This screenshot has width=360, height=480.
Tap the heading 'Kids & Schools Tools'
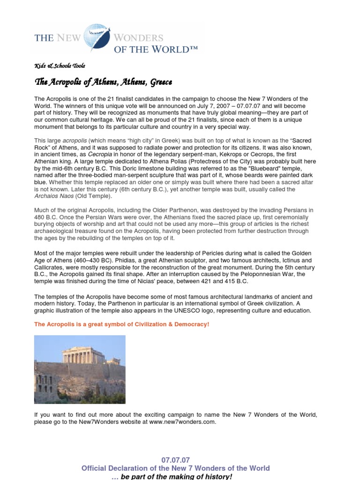[x=60, y=66]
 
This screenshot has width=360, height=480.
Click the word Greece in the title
[x=161, y=82]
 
